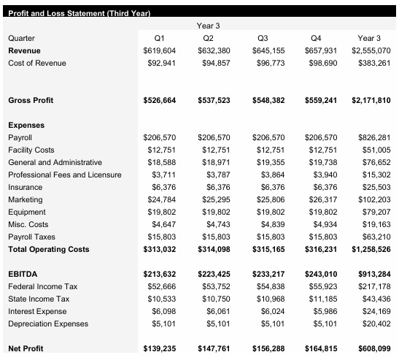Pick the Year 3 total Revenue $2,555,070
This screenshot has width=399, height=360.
[x=370, y=50]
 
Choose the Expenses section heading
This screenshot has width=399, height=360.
[x=26, y=125]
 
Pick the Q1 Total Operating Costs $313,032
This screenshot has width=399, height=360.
[x=157, y=250]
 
